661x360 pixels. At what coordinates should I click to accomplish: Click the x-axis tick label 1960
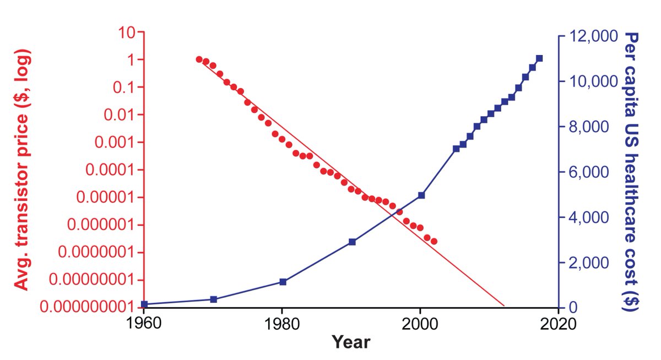point(144,323)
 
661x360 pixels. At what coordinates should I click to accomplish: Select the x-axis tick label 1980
point(282,323)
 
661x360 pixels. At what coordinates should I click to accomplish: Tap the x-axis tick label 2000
point(420,323)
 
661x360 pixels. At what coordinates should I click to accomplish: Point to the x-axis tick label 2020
point(558,323)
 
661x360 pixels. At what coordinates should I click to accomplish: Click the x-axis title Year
point(351,342)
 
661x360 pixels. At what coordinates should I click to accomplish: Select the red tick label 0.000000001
point(88,307)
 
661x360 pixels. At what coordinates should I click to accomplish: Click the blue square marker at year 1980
point(283,282)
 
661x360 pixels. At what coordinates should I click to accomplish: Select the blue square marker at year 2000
point(421,195)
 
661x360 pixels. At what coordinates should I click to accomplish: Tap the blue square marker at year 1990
point(352,242)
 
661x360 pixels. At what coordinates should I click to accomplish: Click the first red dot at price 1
point(199,59)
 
